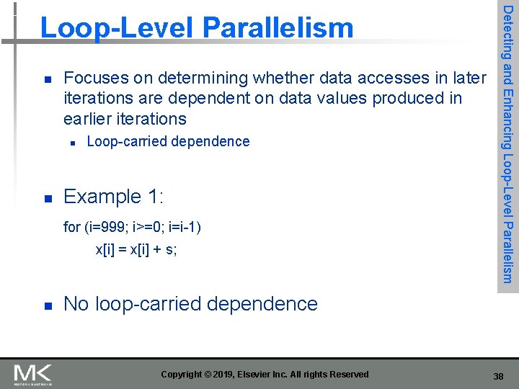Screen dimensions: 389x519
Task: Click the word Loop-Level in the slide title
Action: coord(119,28)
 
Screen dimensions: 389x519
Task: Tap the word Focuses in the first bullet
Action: coord(96,78)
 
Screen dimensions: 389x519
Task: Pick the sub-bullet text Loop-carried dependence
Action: coord(168,141)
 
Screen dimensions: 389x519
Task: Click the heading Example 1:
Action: coord(114,197)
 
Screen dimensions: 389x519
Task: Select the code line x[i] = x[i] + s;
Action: coord(136,250)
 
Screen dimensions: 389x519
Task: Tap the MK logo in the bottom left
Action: coord(33,374)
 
